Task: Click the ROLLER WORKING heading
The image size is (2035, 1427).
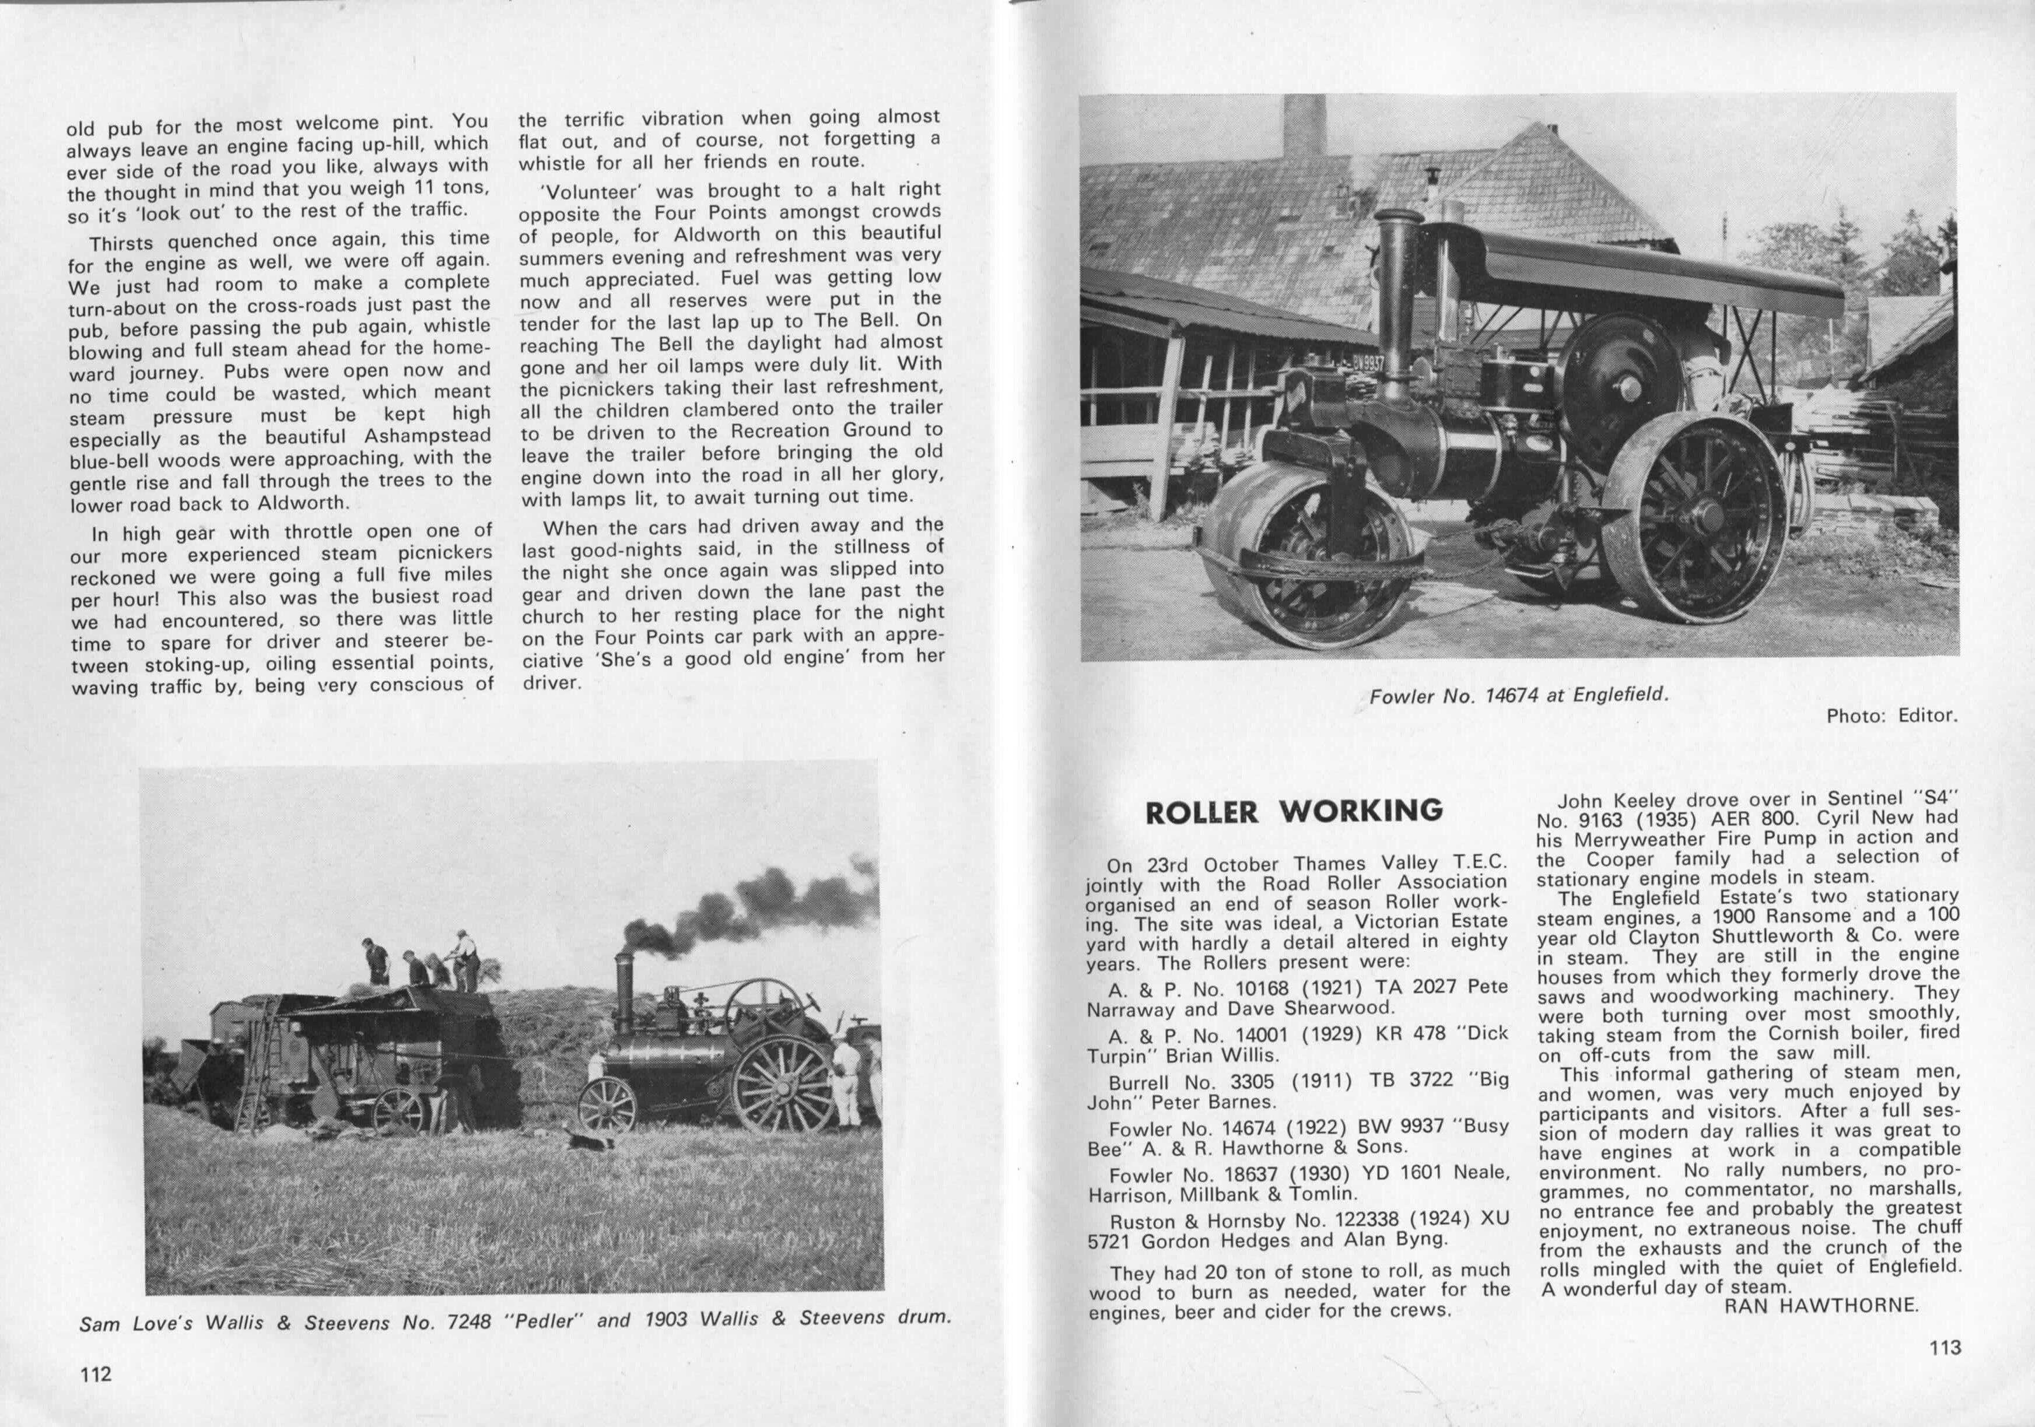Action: tap(1294, 811)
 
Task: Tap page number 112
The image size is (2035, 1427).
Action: tap(96, 1374)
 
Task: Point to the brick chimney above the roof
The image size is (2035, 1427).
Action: tap(1305, 124)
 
